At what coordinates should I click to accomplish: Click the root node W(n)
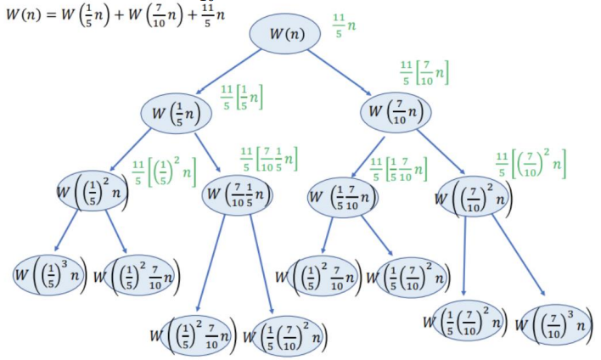click(x=284, y=33)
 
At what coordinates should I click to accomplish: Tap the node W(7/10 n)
click(x=396, y=111)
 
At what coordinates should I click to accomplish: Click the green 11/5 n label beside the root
click(x=344, y=29)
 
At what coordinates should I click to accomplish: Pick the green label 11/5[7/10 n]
click(x=425, y=74)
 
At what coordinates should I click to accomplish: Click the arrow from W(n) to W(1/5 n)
click(x=229, y=72)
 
